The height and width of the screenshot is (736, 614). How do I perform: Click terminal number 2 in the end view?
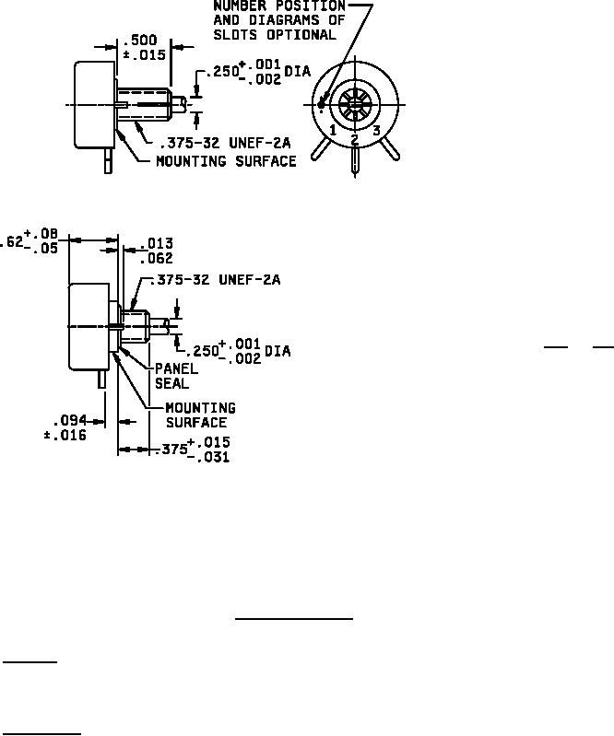pyautogui.click(x=355, y=139)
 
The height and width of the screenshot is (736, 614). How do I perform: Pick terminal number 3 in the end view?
pyautogui.click(x=376, y=131)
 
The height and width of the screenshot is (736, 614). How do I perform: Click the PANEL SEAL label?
pyautogui.click(x=171, y=375)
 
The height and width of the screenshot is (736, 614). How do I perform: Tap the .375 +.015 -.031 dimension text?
pyautogui.click(x=195, y=450)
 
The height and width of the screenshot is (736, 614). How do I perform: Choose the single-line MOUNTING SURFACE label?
pyautogui.click(x=226, y=161)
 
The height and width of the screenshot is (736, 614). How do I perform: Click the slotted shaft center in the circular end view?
pyautogui.click(x=355, y=105)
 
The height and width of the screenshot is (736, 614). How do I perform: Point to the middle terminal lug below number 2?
pyautogui.click(x=355, y=161)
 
